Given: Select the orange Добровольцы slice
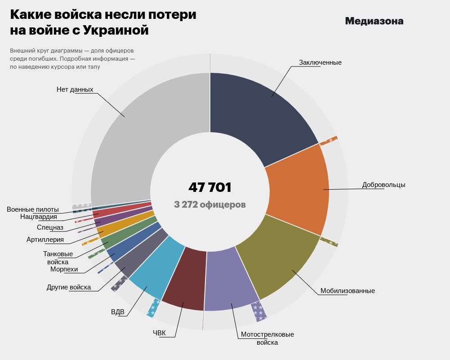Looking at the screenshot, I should pos(299,189).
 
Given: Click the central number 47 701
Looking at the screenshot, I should pos(209,187).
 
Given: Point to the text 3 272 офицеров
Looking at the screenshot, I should pos(209,204).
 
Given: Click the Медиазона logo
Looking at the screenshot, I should pos(374,21).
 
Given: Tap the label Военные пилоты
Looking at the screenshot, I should pos(32,209).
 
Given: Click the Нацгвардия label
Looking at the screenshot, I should pos(39,217).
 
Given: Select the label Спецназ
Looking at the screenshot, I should pos(50,227).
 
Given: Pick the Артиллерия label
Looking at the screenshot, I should pos(45,240).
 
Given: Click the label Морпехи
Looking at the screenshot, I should pos(64,269).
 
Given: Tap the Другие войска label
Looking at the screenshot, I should pos(69,287).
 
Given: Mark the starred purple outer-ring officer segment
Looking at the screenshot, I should pos(258,311).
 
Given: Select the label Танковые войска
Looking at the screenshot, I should pos(58,258).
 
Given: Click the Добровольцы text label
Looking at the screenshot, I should pos(383,185).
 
